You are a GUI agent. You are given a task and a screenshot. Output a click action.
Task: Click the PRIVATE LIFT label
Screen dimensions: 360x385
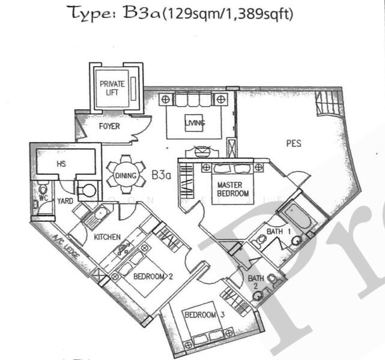pyautogui.click(x=112, y=88)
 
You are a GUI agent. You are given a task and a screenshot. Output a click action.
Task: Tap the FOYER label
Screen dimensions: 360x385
pyautogui.click(x=109, y=127)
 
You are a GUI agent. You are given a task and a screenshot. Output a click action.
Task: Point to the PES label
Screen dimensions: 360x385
pyautogui.click(x=294, y=144)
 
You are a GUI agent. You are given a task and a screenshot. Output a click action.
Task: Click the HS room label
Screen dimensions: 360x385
pyautogui.click(x=61, y=163)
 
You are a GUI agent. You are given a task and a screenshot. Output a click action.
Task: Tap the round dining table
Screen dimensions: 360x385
pyautogui.click(x=126, y=175)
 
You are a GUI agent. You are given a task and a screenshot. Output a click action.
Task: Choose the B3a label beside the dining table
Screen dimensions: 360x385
pyautogui.click(x=162, y=175)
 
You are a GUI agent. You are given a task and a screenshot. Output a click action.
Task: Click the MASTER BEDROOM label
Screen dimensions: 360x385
pyautogui.click(x=233, y=190)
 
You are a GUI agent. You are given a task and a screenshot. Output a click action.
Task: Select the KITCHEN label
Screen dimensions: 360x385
pyautogui.click(x=107, y=238)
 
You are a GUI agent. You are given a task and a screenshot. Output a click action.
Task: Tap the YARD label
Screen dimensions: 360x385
pyautogui.click(x=64, y=201)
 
